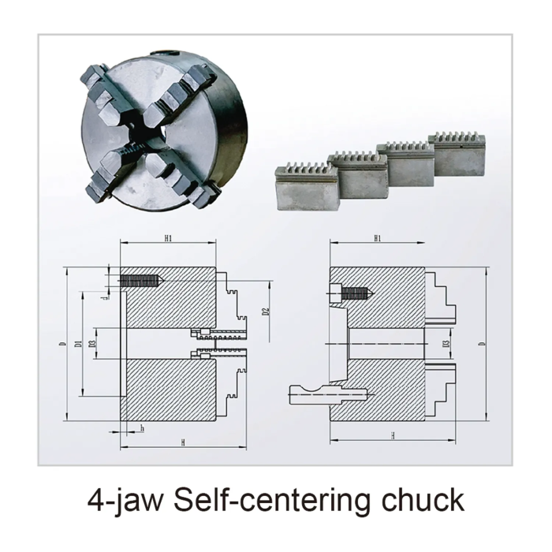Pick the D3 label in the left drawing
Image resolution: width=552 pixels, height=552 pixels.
click(92, 344)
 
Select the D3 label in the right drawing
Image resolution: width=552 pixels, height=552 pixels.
click(446, 344)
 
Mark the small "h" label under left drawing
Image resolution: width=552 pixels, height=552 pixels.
click(141, 428)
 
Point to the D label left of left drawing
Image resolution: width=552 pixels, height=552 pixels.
click(62, 345)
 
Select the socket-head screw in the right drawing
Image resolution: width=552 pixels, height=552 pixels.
click(351, 294)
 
